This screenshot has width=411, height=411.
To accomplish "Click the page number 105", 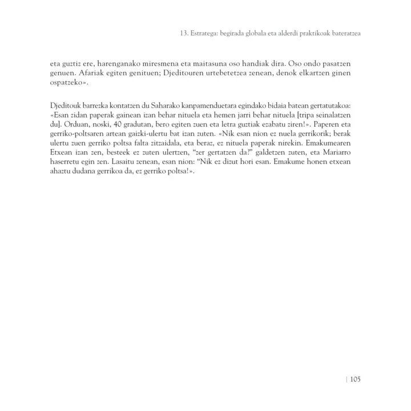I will point(354,379).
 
